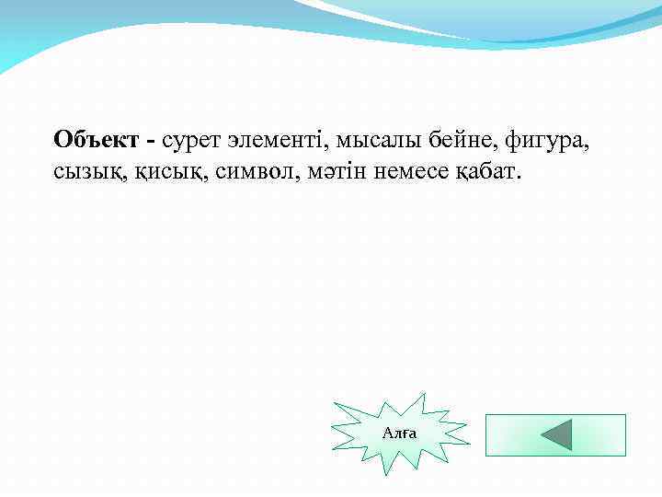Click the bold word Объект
pos(96,141)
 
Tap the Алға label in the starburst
pos(400,433)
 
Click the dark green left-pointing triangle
pos(556,434)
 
